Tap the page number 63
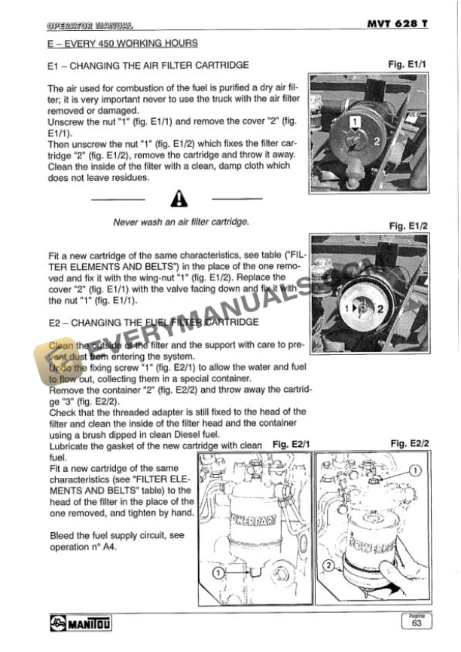tap(417, 623)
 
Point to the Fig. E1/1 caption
tap(407, 65)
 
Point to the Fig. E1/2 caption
tap(407, 225)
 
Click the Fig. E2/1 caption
tap(291, 445)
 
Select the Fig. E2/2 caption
tap(410, 444)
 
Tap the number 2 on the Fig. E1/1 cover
tap(377, 140)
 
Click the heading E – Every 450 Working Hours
tap(122, 44)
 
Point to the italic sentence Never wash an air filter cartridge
tap(180, 222)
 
